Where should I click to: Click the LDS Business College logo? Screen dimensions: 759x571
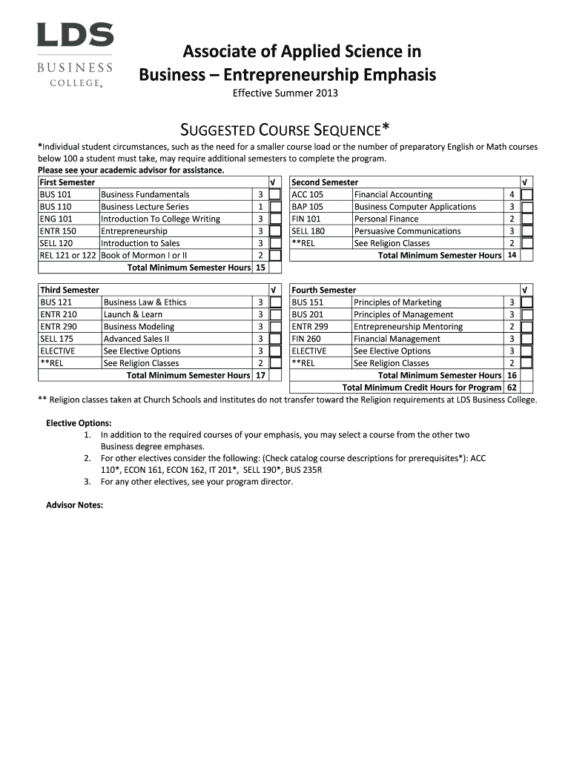pyautogui.click(x=75, y=55)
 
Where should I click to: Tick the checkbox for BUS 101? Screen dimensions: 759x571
pyautogui.click(x=274, y=195)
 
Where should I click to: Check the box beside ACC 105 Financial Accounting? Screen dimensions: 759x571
pyautogui.click(x=527, y=195)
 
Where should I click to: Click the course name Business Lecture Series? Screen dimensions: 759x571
pyautogui.click(x=145, y=207)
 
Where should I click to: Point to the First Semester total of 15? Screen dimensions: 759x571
pyautogui.click(x=260, y=268)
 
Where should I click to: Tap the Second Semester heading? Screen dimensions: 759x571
pyautogui.click(x=325, y=182)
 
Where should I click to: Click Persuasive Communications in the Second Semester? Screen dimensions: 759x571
pyautogui.click(x=407, y=231)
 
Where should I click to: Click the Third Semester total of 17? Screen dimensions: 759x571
pyautogui.click(x=260, y=375)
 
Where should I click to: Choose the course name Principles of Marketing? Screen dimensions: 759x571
pyautogui.click(x=397, y=302)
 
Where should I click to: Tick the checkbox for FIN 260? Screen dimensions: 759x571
pyautogui.click(x=527, y=339)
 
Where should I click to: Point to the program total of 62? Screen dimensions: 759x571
pyautogui.click(x=512, y=388)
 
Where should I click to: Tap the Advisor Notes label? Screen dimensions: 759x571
pyautogui.click(x=74, y=506)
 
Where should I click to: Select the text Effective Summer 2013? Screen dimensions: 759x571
pyautogui.click(x=285, y=94)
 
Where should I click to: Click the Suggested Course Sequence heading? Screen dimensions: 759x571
pyautogui.click(x=285, y=130)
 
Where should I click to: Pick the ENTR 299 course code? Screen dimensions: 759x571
pyautogui.click(x=310, y=327)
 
